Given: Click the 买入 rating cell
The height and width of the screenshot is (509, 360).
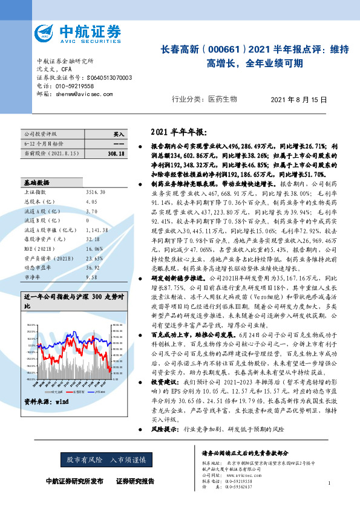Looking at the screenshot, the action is point(119,134).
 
